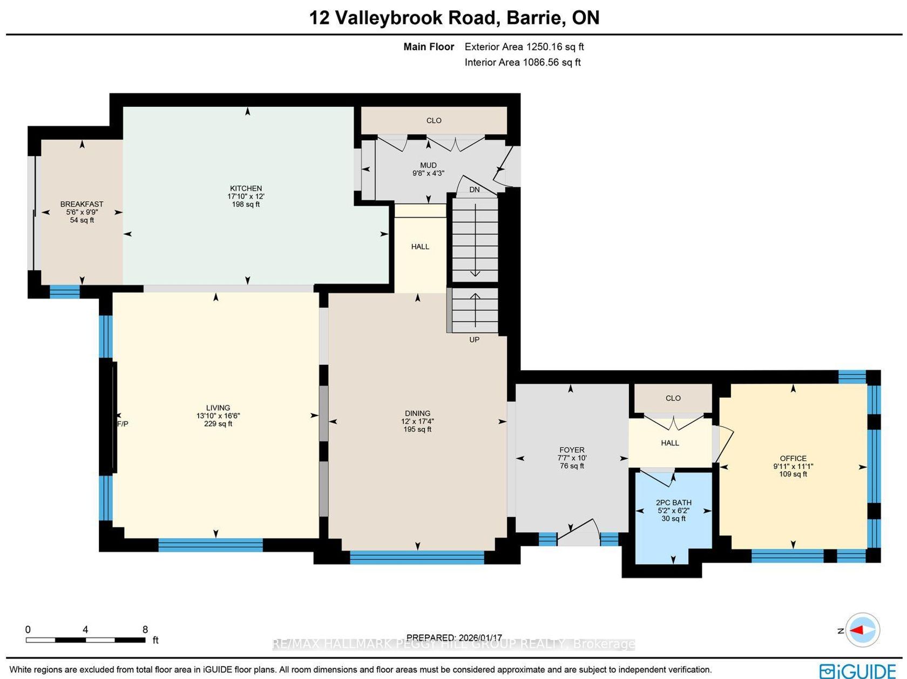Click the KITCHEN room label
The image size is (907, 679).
[246, 188]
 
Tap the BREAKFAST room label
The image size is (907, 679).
[82, 204]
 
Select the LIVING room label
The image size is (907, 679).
[218, 408]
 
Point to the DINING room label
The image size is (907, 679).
[417, 413]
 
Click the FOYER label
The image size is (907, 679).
[572, 450]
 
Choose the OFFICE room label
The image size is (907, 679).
[793, 458]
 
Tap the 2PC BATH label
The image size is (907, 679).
[674, 503]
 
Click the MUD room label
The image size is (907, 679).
[428, 165]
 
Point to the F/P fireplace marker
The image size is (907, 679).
[123, 424]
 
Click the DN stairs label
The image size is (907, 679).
[475, 189]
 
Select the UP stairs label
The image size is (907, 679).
[475, 339]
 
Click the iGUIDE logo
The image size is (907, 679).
[858, 671]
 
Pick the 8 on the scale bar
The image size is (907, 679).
[145, 629]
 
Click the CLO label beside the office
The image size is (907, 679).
[673, 398]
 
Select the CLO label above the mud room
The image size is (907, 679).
[434, 120]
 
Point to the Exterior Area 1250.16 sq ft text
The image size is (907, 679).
[524, 46]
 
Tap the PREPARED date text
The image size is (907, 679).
[454, 637]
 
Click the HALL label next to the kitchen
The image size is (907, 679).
[420, 247]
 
